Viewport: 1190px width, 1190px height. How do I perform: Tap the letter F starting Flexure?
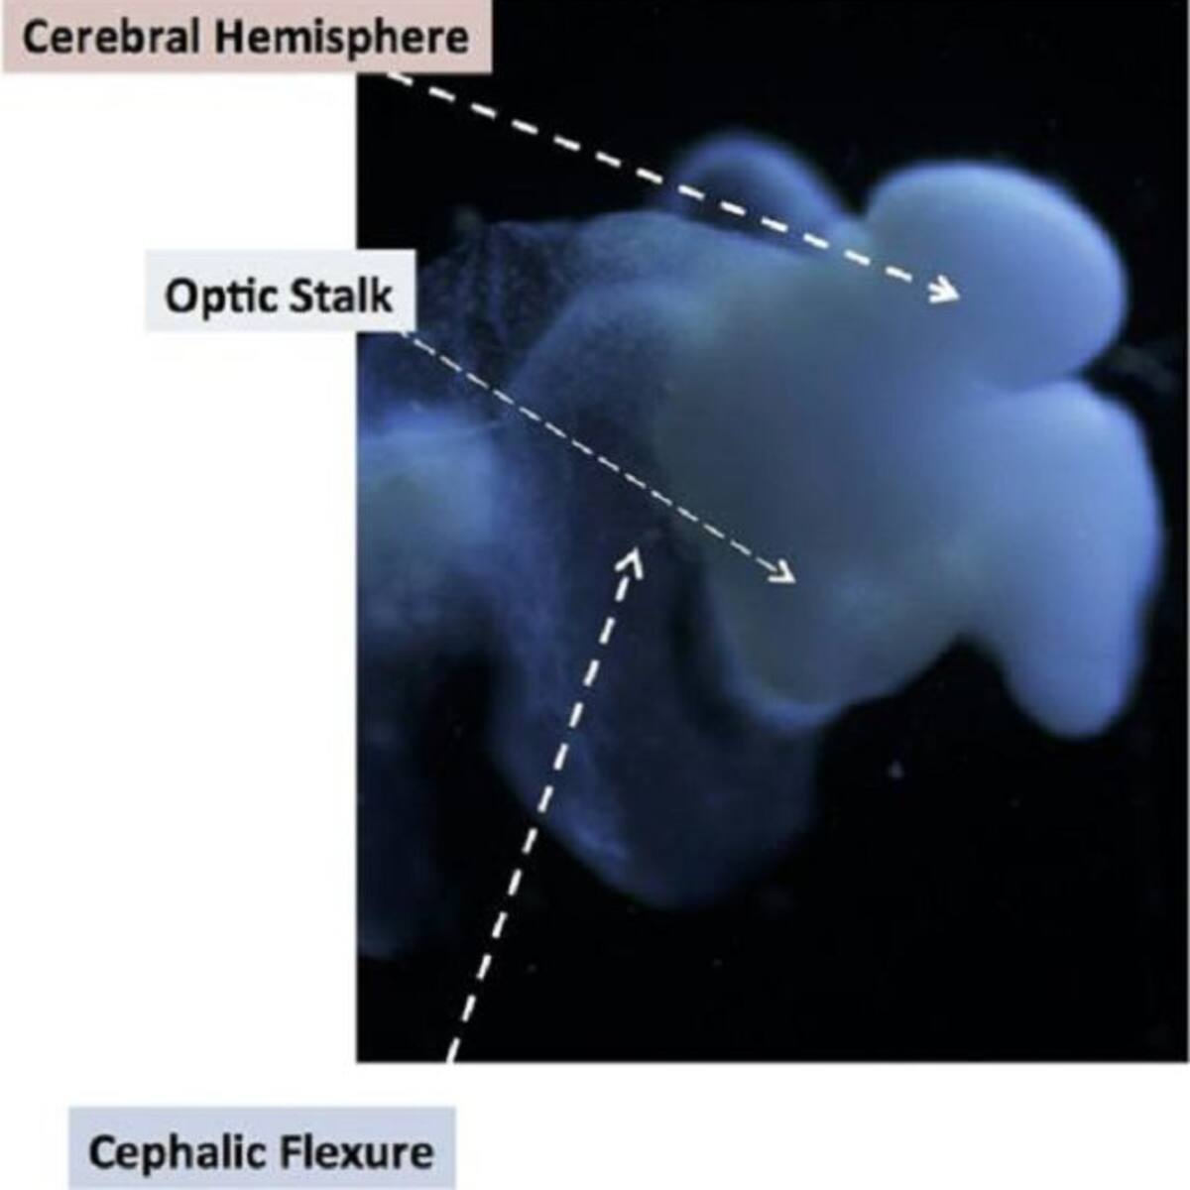[292, 1152]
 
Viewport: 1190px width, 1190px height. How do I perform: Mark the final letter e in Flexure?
[422, 1155]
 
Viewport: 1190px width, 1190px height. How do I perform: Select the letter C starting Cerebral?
[34, 38]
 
